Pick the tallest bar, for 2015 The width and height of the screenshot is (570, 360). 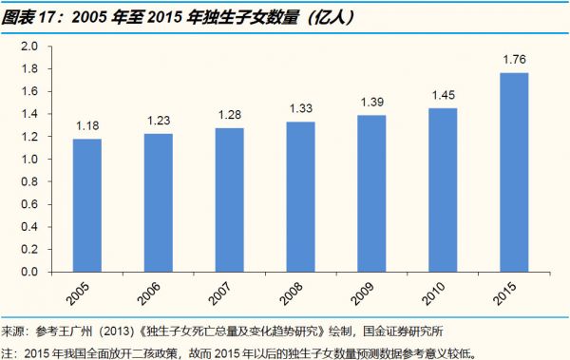[508, 172]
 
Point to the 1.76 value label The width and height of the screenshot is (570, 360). [508, 62]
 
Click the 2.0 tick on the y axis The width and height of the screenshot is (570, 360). [28, 47]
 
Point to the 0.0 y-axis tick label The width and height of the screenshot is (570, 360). [28, 272]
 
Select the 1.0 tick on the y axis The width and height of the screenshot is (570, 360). [28, 160]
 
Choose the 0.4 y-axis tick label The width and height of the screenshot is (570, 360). [28, 227]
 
